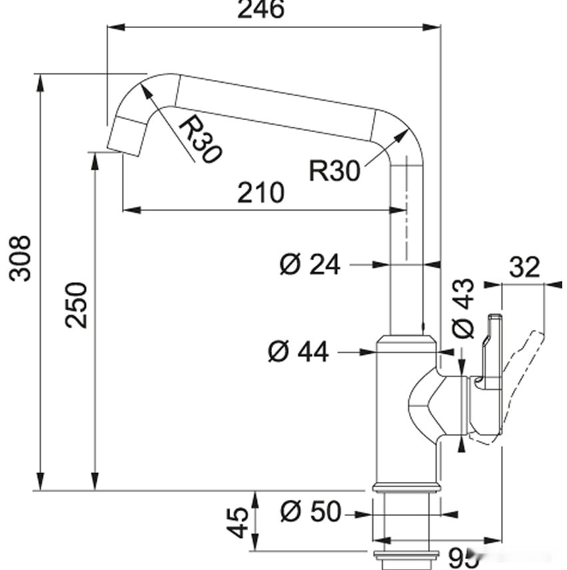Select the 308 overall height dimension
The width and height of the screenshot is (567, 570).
(x=21, y=258)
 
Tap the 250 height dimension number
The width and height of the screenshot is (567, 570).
(x=77, y=304)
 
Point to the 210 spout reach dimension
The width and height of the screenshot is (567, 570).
(x=261, y=193)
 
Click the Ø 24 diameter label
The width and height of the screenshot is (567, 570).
(x=310, y=265)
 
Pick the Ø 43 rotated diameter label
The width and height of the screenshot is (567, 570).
(x=463, y=308)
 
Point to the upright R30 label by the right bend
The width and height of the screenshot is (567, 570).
(x=334, y=171)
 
